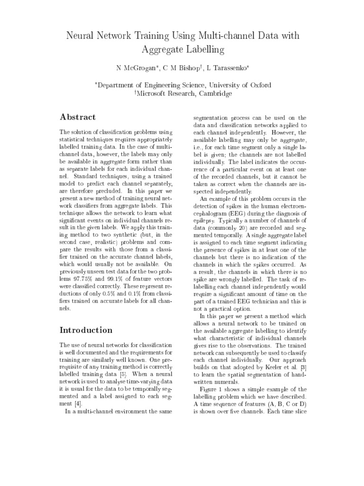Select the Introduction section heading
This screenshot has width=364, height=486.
pyautogui.click(x=86, y=330)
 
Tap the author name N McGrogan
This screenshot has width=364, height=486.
pyautogui.click(x=135, y=68)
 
